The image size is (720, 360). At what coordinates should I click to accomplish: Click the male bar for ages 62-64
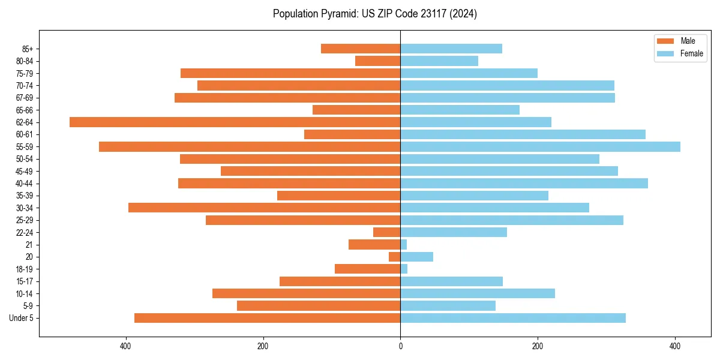click(x=235, y=122)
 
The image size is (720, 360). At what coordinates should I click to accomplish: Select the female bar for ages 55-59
click(x=540, y=146)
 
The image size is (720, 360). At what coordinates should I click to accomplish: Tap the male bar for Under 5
click(x=267, y=318)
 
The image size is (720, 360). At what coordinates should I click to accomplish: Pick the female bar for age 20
click(x=416, y=257)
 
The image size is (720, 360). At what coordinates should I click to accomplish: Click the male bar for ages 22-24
click(x=386, y=232)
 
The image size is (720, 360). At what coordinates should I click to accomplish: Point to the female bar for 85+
click(x=451, y=49)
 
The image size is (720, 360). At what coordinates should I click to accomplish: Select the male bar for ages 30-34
click(x=264, y=208)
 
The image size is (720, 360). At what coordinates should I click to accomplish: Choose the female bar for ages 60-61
click(x=523, y=134)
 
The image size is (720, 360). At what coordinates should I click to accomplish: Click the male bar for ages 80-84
click(x=377, y=61)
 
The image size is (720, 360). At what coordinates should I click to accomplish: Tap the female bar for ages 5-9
click(x=448, y=305)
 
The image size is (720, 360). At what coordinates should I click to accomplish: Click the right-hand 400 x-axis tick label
click(x=675, y=347)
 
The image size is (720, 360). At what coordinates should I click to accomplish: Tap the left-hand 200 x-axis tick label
click(x=263, y=347)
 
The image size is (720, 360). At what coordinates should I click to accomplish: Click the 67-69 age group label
click(x=25, y=98)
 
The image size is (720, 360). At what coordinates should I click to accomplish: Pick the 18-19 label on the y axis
click(x=25, y=269)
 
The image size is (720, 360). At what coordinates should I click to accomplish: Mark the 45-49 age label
click(x=25, y=171)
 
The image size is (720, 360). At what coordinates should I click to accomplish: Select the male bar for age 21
click(x=374, y=244)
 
